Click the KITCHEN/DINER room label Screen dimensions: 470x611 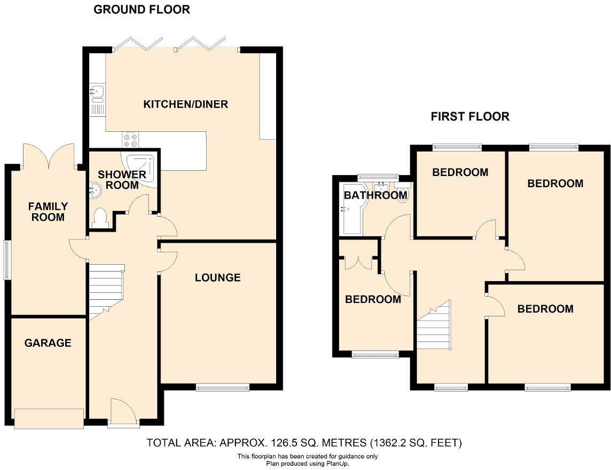point(185,104)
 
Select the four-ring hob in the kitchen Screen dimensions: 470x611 point(130,139)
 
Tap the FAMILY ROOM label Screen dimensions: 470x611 point(48,211)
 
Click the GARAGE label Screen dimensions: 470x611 point(48,343)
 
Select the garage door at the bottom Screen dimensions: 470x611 point(49,418)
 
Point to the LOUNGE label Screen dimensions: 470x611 point(217,277)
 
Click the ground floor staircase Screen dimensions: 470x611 point(107,291)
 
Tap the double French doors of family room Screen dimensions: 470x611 point(49,155)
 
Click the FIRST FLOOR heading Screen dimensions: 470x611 point(470,116)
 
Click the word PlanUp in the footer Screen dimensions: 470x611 point(337,464)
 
